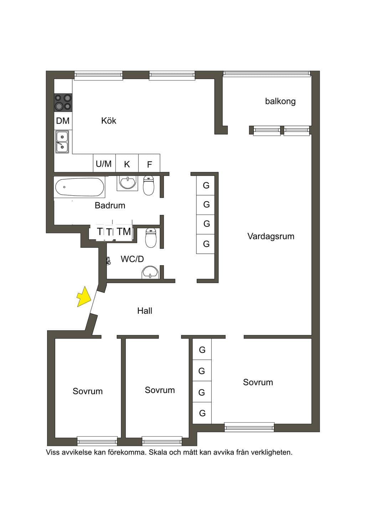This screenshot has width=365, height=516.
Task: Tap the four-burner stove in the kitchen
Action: tap(63, 103)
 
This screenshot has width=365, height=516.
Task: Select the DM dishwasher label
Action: tap(63, 121)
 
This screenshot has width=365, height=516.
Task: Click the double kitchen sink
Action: tap(62, 142)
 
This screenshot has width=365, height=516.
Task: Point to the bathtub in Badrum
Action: tap(79, 187)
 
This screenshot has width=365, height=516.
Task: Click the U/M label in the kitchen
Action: tap(104, 164)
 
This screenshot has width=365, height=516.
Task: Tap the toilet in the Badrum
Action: tap(149, 186)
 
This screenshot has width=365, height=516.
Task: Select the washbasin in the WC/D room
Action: tap(150, 272)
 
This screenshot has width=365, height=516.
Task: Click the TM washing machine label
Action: tap(124, 232)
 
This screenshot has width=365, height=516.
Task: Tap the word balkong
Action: tap(280, 101)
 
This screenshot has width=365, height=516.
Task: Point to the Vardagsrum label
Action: tap(271, 236)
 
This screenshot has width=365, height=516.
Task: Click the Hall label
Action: tap(145, 311)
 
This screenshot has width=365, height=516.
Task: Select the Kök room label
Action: tap(109, 120)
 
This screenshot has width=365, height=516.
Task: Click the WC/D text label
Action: tap(132, 259)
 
